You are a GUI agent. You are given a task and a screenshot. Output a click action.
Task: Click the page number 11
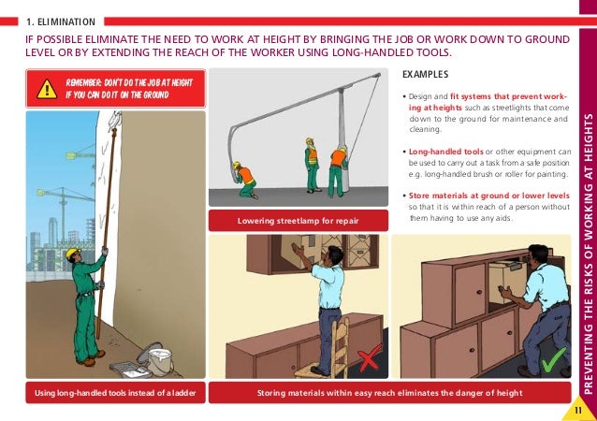point(578,407)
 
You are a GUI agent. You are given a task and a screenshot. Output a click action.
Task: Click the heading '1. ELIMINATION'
point(60,20)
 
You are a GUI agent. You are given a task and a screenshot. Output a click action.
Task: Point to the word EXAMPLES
point(425,76)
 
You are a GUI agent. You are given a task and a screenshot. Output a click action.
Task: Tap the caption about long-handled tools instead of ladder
point(114,394)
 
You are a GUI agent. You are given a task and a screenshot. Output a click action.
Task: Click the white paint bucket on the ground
point(159,360)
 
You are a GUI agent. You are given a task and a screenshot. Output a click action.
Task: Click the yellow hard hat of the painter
point(71,254)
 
